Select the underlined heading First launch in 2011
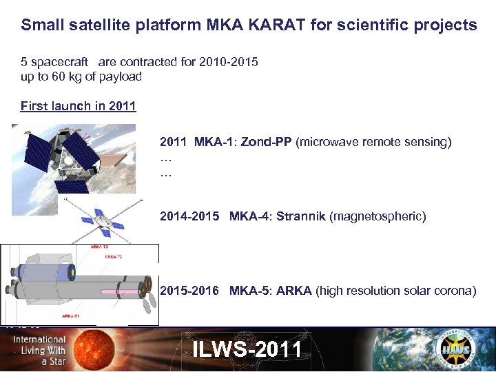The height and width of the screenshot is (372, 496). coord(79,106)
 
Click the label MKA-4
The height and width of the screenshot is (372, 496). coord(249,216)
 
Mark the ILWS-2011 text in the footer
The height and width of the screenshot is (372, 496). coord(247,349)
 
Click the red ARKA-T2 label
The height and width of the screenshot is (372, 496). coord(114,256)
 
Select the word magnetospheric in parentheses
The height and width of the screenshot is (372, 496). coord(378,216)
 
